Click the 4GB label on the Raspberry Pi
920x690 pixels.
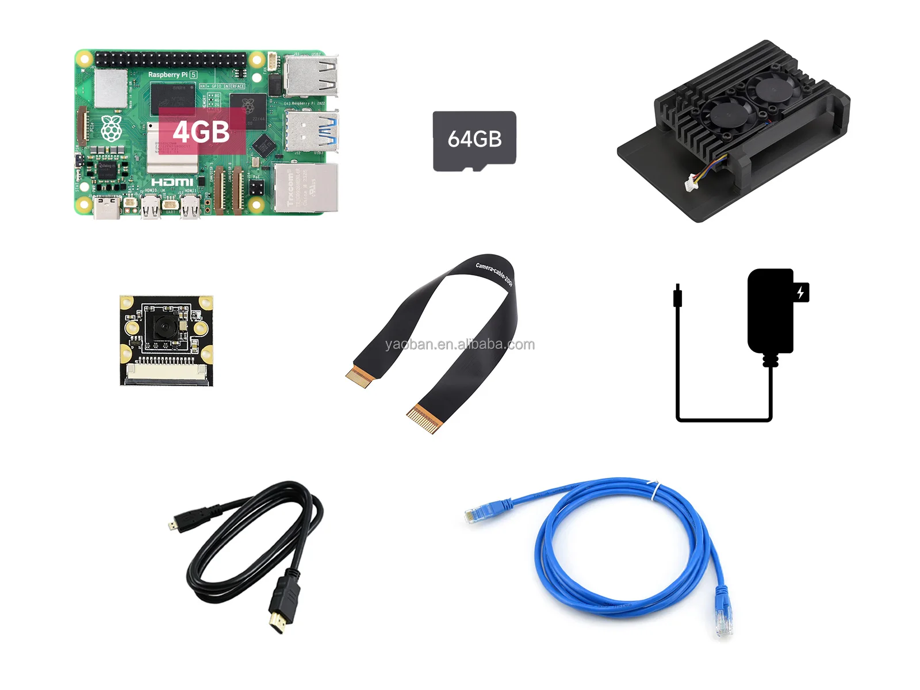tap(201, 132)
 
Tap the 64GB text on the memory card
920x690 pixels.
tap(474, 139)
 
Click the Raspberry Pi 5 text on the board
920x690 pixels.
tap(172, 75)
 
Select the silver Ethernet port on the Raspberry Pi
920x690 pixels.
tap(305, 187)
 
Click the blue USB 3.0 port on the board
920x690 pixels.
tap(311, 131)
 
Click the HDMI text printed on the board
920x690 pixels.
tap(172, 182)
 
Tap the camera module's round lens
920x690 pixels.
tap(162, 328)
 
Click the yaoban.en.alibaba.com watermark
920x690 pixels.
tap(460, 344)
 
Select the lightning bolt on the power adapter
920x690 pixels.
tap(800, 293)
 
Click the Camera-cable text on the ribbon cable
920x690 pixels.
tap(494, 274)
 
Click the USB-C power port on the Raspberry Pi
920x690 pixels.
tap(107, 208)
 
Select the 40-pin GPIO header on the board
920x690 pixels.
tap(171, 59)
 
